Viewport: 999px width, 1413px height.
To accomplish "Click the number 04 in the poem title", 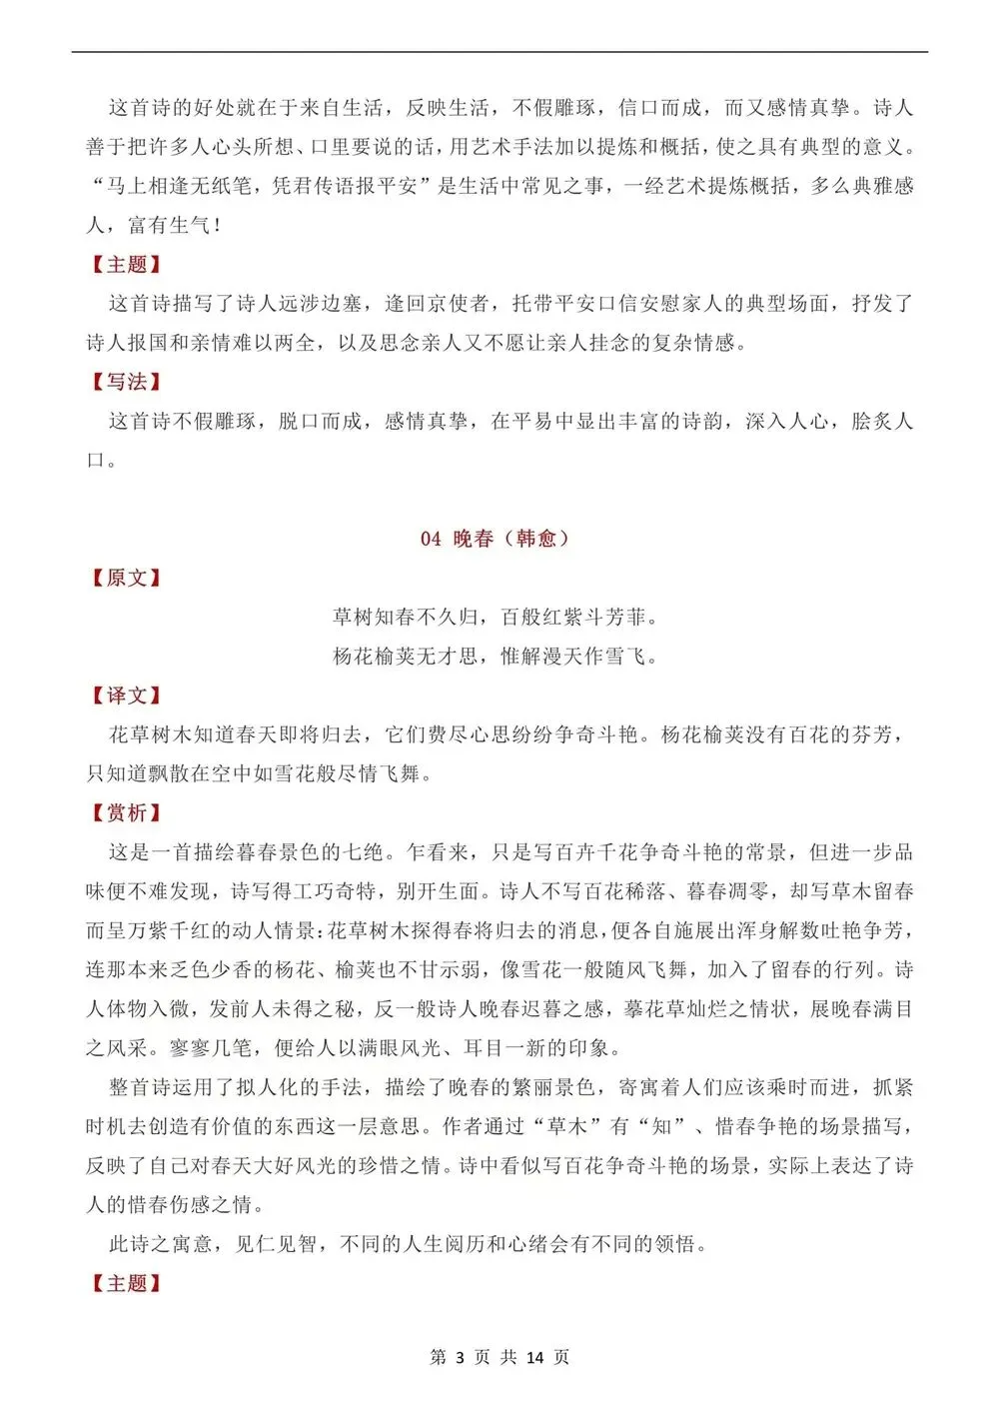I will point(431,539).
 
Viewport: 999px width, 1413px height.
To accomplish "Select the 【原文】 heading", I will point(126,578).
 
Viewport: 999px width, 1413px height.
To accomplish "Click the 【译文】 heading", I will point(126,696).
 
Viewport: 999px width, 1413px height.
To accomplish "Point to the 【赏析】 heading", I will point(126,813).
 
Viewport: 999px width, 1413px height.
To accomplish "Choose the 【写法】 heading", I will point(126,382).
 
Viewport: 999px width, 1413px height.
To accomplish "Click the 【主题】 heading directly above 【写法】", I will point(126,264).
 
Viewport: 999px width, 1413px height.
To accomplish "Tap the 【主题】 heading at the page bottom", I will point(126,1283).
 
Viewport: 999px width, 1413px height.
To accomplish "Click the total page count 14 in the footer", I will point(534,1357).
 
